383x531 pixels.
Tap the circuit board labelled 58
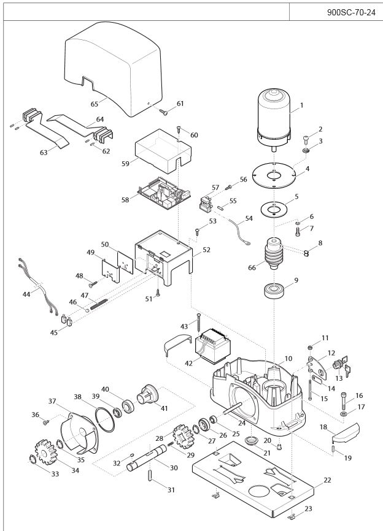coord(160,193)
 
